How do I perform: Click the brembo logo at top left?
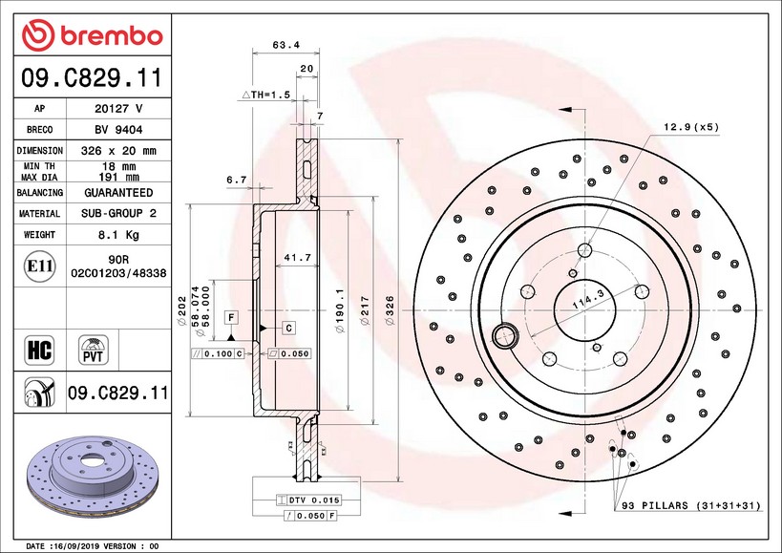[x=93, y=34]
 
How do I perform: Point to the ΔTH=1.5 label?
[x=264, y=96]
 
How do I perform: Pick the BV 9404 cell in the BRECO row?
[x=118, y=130]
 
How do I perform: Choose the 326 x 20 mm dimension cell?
[x=118, y=151]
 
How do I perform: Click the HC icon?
[x=39, y=349]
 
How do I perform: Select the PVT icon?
[x=93, y=349]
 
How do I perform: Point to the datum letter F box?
[x=230, y=316]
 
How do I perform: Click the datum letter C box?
[x=288, y=328]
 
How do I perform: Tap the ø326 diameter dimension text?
[x=390, y=309]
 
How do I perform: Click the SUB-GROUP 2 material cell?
[x=118, y=214]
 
